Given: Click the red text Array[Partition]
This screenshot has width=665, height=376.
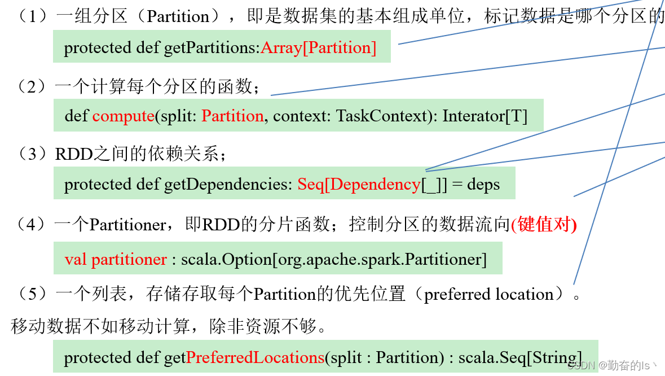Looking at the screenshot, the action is point(319,47).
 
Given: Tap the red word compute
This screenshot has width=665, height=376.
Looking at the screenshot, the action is point(124,116).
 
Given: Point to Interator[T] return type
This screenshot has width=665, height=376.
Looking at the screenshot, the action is point(485,116).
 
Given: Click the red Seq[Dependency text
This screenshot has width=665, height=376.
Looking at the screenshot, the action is point(359,184).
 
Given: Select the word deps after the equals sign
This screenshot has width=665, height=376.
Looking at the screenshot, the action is point(483,184).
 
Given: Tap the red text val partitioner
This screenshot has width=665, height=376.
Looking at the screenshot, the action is point(116,259).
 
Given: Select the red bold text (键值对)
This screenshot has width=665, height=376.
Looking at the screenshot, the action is point(544,225).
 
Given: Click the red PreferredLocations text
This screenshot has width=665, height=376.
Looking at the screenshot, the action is point(255,357).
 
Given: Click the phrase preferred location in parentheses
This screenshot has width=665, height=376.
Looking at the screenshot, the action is point(488,294).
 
